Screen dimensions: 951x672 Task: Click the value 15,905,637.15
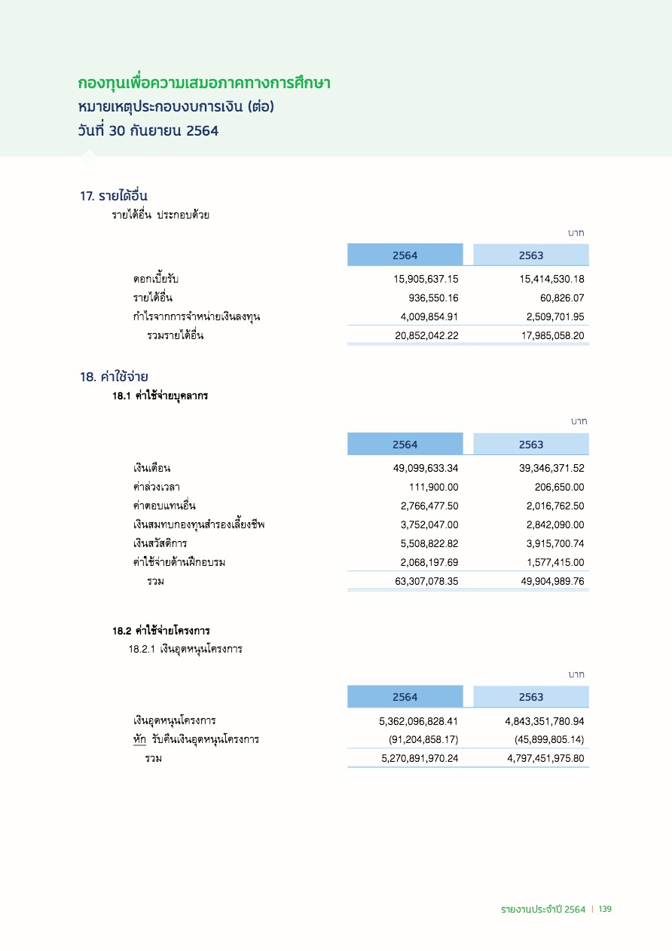(426, 279)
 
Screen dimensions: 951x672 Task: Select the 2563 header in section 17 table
(531, 255)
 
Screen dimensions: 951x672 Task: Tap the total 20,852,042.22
(426, 336)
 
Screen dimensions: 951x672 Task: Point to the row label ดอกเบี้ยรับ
(156, 279)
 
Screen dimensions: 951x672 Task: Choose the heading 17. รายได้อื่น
(118, 197)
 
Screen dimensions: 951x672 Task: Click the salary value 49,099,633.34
(426, 468)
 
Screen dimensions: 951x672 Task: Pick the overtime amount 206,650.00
(557, 487)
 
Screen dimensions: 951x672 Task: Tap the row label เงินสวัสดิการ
(160, 543)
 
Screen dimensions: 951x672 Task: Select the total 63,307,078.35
(426, 581)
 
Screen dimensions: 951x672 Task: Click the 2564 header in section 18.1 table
(405, 445)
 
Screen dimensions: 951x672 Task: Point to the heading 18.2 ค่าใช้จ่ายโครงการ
(161, 631)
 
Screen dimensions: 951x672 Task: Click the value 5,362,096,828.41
(418, 721)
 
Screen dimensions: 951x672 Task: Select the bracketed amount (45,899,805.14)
(548, 739)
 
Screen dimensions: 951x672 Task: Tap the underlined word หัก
(139, 739)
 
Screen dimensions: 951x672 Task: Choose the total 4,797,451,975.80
(545, 758)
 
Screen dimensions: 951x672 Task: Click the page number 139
(605, 910)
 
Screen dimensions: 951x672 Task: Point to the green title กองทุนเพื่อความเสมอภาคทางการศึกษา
(205, 81)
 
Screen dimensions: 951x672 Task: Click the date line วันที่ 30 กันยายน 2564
(148, 130)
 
